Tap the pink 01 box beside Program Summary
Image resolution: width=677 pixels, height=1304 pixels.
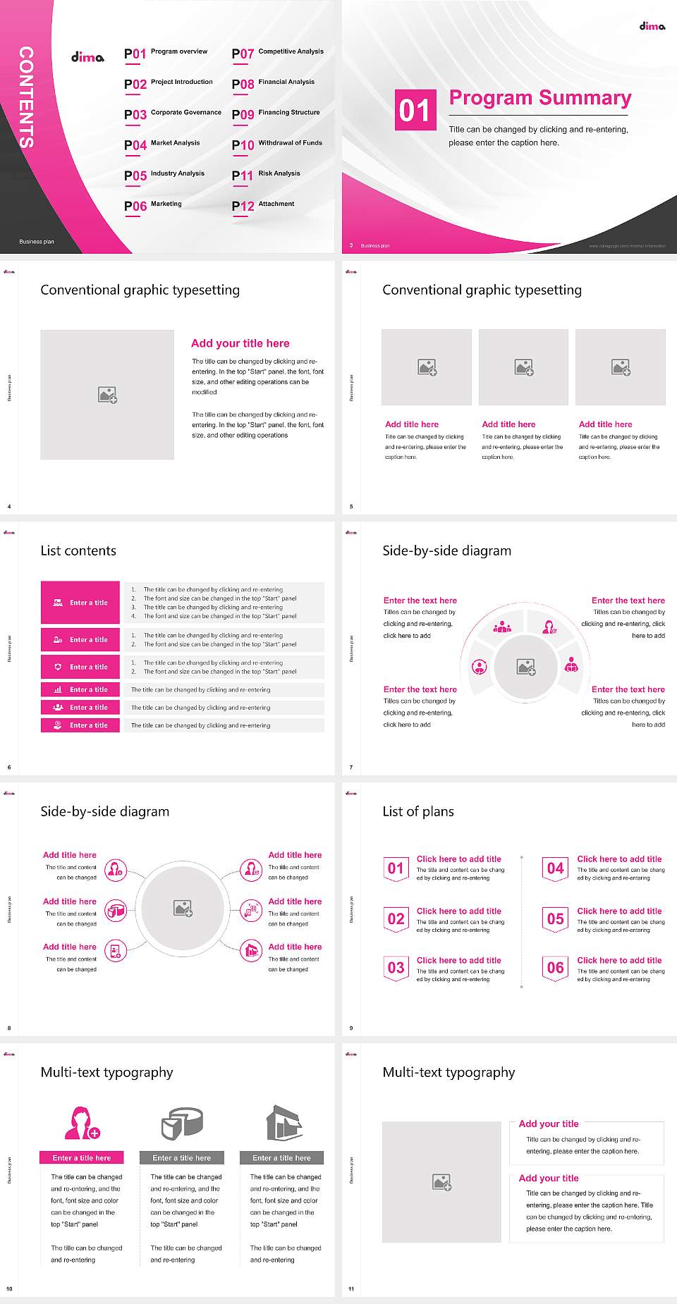[415, 110]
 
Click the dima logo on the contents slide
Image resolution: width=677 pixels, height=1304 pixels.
[87, 57]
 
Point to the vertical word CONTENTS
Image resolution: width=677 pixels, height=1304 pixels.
[26, 97]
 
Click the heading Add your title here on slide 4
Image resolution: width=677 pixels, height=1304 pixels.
[240, 343]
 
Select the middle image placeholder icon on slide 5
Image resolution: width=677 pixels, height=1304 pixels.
[523, 367]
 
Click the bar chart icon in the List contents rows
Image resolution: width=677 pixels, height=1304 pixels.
[58, 689]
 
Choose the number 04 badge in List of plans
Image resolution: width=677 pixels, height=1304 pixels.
[556, 868]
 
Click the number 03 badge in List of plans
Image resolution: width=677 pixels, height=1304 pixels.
[396, 968]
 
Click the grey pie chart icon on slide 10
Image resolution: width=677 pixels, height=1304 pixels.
[182, 1123]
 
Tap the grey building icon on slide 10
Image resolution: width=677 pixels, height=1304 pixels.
[283, 1123]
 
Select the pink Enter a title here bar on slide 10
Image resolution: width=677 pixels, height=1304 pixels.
[82, 1157]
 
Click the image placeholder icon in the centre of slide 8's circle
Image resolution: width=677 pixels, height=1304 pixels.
[183, 909]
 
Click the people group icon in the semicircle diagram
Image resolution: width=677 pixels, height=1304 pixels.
[502, 626]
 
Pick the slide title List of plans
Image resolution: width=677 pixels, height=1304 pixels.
[418, 811]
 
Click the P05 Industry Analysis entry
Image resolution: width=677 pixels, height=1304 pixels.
[164, 175]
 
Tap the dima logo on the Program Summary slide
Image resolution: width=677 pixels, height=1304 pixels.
[652, 26]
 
